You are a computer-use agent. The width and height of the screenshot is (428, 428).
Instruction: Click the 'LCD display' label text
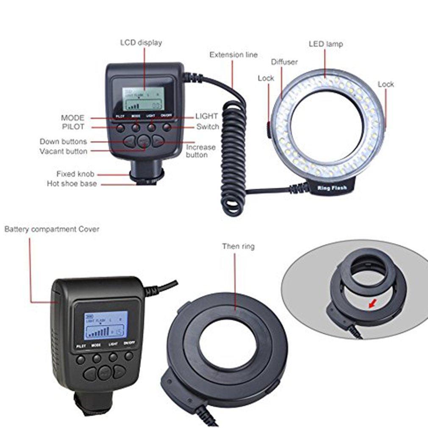pyautogui.click(x=141, y=43)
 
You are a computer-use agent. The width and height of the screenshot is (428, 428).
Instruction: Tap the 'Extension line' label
pyautogui.click(x=233, y=55)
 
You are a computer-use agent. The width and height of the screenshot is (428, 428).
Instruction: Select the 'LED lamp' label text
pyautogui.click(x=325, y=44)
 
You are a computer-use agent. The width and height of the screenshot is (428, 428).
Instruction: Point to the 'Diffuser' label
pyautogui.click(x=284, y=62)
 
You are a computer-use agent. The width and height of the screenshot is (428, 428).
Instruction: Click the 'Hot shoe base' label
pyautogui.click(x=72, y=184)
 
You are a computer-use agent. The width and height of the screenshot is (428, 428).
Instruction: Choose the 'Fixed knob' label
pyautogui.click(x=75, y=174)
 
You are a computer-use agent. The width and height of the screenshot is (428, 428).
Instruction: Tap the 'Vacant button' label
pyautogui.click(x=64, y=151)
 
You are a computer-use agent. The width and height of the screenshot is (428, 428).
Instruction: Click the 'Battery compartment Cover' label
pyautogui.click(x=52, y=229)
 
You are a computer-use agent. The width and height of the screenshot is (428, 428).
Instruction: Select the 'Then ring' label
pyautogui.click(x=238, y=246)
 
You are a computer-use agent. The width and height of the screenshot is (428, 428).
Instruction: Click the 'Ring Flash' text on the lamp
pyautogui.click(x=333, y=187)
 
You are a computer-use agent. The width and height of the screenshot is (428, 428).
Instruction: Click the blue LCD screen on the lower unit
pyautogui.click(x=106, y=325)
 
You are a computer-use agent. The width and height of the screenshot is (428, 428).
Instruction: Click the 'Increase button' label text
pyautogui.click(x=200, y=151)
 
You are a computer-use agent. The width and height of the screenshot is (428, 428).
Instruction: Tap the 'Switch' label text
pyautogui.click(x=208, y=127)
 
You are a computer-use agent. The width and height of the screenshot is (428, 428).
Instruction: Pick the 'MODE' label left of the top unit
pyautogui.click(x=72, y=118)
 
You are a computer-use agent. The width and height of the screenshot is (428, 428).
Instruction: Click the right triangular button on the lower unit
pyautogui.click(x=120, y=372)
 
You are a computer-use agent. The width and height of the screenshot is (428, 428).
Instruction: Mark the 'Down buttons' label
pyautogui.click(x=63, y=142)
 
